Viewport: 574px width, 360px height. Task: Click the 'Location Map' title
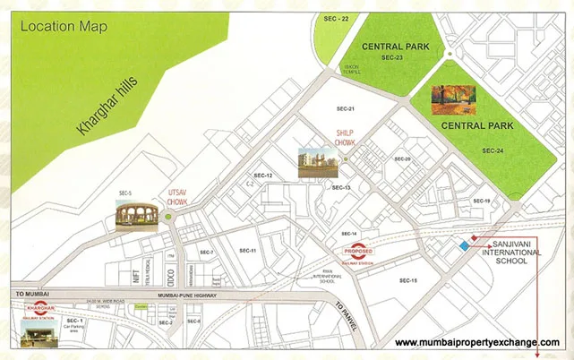click(62, 26)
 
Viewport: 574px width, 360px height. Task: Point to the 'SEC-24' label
click(493, 150)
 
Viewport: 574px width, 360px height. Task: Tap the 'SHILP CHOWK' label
click(346, 137)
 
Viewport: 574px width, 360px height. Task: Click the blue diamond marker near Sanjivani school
click(463, 246)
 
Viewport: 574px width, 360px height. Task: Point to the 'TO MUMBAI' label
click(31, 293)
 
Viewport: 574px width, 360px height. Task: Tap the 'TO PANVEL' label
click(346, 316)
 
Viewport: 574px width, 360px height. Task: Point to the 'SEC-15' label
click(407, 280)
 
